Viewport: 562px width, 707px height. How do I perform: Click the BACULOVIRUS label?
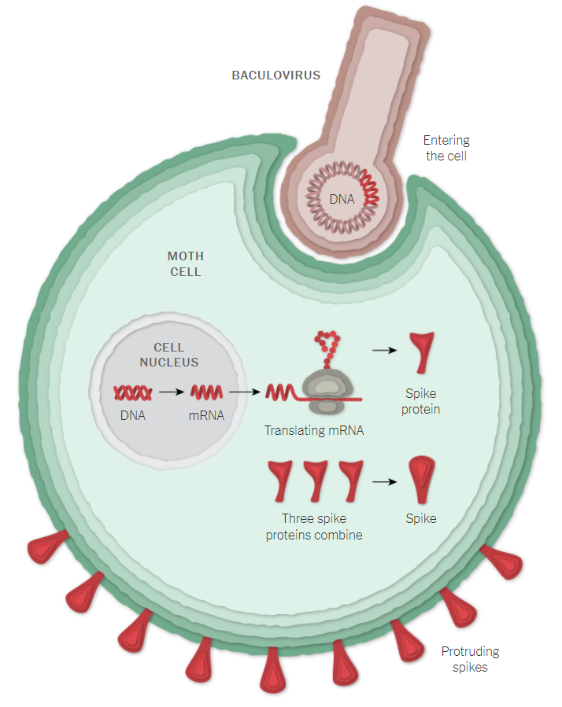pyautogui.click(x=276, y=75)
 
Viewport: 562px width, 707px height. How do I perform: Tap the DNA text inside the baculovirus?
pyautogui.click(x=342, y=199)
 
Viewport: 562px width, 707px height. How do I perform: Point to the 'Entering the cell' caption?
pyautogui.click(x=446, y=148)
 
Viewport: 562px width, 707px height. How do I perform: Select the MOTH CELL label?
pyautogui.click(x=186, y=264)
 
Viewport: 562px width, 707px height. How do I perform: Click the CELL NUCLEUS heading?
pyautogui.click(x=168, y=355)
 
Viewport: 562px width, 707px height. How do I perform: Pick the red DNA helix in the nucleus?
pyautogui.click(x=133, y=391)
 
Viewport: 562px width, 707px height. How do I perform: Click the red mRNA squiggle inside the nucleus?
pyautogui.click(x=206, y=391)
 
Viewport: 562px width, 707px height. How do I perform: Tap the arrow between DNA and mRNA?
pyautogui.click(x=170, y=391)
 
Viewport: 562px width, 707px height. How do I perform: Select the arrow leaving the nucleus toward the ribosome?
pyautogui.click(x=246, y=391)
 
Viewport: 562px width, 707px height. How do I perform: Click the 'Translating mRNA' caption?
pyautogui.click(x=314, y=431)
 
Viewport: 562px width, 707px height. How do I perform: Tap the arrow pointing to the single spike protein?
pyautogui.click(x=384, y=350)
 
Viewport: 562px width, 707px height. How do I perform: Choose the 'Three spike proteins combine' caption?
pyautogui.click(x=314, y=527)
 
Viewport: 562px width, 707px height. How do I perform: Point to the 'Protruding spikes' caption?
pyautogui.click(x=470, y=659)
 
